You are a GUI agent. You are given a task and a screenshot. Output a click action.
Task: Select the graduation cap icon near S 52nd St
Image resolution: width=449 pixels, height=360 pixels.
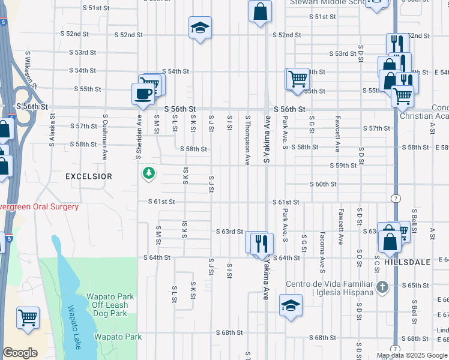[200, 28]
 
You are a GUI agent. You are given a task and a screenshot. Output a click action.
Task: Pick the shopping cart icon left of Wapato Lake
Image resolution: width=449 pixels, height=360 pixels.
[28, 317]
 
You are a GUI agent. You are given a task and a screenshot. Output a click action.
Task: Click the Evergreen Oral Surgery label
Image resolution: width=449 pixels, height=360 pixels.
[40, 207]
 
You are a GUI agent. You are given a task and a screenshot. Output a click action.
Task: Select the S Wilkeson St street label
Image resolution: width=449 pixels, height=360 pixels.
[28, 69]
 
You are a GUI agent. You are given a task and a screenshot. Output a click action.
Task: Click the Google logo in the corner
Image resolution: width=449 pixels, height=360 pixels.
[20, 353]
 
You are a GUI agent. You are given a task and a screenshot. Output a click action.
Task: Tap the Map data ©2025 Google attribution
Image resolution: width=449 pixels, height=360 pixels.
[411, 355]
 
